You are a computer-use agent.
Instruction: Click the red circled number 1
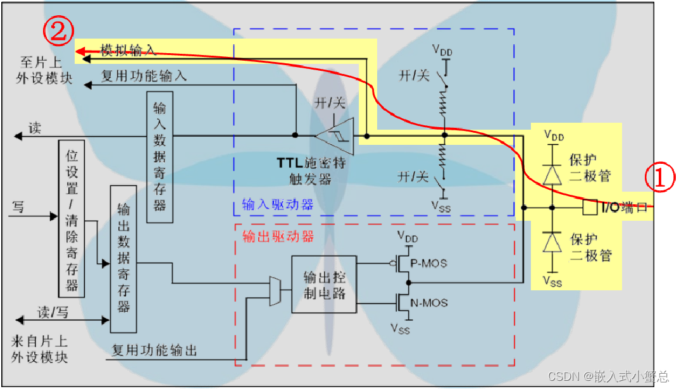(x=659, y=180)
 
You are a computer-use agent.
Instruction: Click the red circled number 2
(x=58, y=32)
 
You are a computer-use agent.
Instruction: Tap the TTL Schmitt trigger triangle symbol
(x=335, y=134)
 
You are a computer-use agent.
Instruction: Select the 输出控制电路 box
(x=323, y=285)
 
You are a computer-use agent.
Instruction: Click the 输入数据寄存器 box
(x=159, y=157)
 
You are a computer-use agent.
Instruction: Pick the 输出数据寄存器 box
(x=123, y=259)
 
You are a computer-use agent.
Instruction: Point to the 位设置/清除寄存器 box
(x=72, y=218)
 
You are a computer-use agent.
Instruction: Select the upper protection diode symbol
(x=552, y=173)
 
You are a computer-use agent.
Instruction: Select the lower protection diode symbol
(x=552, y=242)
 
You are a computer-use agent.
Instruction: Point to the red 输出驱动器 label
(x=278, y=236)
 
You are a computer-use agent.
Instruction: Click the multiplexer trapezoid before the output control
(x=275, y=291)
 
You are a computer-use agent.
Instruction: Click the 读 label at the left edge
(x=35, y=128)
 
